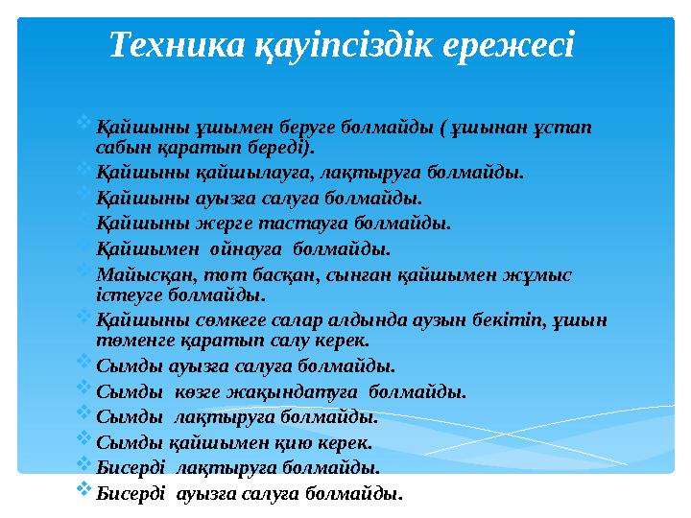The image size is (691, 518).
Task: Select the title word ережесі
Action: (512, 43)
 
